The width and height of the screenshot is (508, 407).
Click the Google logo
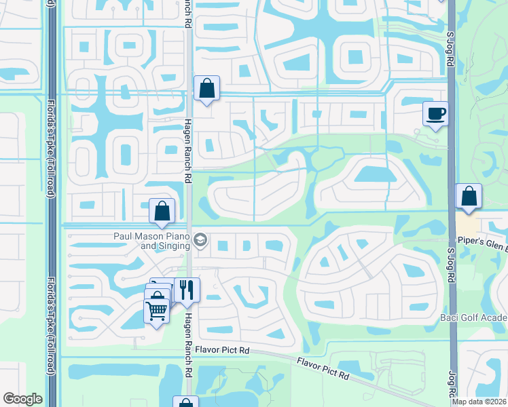coord(22,399)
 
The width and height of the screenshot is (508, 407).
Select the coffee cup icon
coord(435,113)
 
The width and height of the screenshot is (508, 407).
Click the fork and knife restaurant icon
coord(187,290)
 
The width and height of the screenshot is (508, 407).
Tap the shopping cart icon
coord(157,311)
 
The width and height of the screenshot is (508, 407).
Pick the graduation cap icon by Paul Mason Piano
coord(200,240)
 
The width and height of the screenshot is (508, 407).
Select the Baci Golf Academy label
coord(479,317)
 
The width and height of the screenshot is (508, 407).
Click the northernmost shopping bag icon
coord(206,88)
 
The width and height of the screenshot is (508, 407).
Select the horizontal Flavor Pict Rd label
coord(222,350)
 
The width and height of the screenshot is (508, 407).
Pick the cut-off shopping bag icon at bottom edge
coord(185,402)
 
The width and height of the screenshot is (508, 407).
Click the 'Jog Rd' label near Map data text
coord(450,383)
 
